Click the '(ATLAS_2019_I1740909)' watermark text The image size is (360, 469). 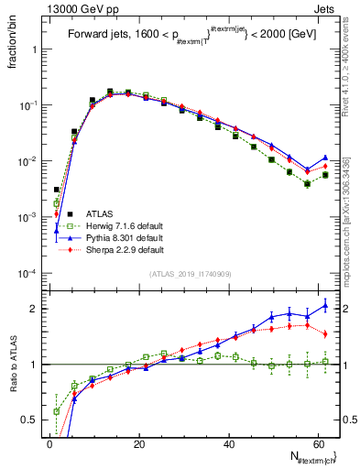tap(189, 275)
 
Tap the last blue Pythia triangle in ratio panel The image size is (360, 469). tap(325, 306)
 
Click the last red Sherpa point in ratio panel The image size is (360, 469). tap(325, 333)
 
